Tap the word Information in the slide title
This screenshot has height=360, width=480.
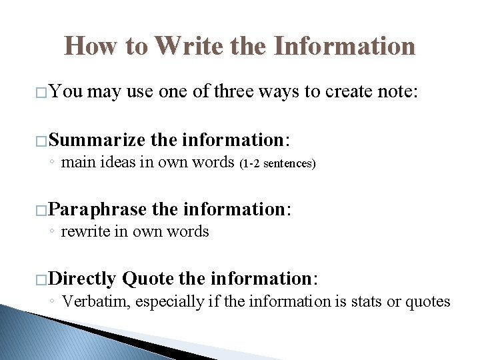coord(344,46)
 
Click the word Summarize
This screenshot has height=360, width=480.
coord(97,140)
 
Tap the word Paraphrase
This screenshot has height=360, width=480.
coord(98,209)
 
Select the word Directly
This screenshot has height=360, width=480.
coord(83,278)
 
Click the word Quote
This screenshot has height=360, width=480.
coord(148,278)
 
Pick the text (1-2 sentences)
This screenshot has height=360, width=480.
coord(277,163)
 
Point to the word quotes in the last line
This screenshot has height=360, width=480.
coord(428,302)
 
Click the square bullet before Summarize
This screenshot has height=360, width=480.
coord(42,141)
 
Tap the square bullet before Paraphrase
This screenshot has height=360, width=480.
coord(42,211)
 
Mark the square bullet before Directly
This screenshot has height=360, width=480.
coord(42,279)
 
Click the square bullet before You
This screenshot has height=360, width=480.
coord(42,93)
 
